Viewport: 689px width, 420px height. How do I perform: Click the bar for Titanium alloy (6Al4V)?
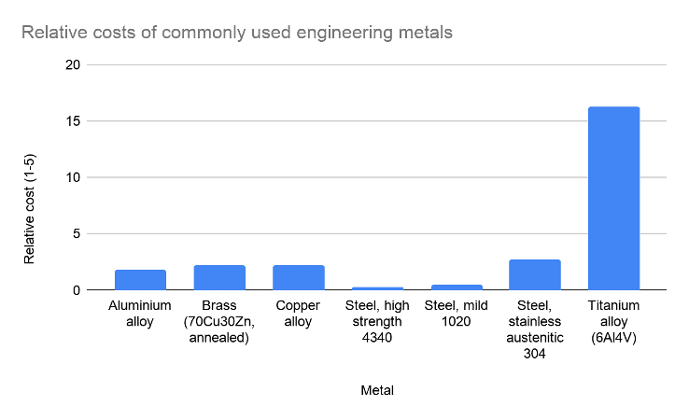point(613,199)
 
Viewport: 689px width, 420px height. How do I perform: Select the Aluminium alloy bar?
point(140,280)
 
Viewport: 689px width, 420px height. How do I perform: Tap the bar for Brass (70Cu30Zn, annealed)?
point(219,278)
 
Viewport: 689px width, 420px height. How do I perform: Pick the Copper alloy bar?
point(298,278)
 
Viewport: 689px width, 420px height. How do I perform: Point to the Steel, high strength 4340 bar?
point(377,288)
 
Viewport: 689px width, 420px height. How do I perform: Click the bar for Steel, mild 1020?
point(456,287)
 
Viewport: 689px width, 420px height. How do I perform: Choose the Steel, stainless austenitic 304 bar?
point(534,275)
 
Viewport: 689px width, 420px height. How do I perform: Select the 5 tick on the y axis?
point(77,234)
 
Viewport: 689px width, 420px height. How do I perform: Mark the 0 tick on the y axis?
point(77,290)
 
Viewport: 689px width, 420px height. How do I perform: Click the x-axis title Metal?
point(376,390)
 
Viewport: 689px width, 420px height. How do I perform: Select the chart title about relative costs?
point(237,33)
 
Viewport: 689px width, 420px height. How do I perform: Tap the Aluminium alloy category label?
point(140,313)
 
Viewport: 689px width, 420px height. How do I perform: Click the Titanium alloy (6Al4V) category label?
point(613,321)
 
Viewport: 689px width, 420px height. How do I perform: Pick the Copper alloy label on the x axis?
point(298,313)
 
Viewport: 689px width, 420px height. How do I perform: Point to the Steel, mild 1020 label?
point(456,313)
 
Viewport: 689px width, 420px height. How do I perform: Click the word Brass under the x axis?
point(219,305)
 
